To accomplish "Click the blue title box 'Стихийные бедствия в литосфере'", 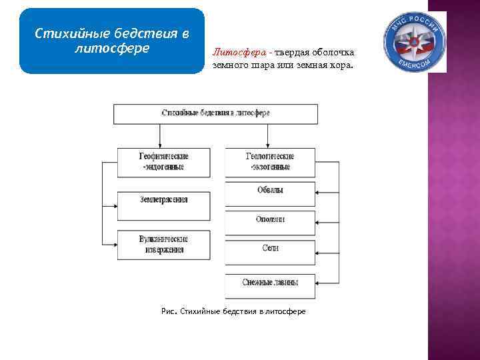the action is click(x=111, y=41).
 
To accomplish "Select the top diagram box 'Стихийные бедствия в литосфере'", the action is click(x=215, y=113).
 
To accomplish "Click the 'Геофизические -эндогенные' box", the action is click(x=163, y=161).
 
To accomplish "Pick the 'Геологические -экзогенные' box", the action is click(x=270, y=161).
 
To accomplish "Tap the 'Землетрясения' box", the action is click(x=163, y=200).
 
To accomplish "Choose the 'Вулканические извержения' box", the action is click(x=163, y=245).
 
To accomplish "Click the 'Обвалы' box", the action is click(x=270, y=190).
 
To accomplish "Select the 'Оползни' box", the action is click(x=270, y=219).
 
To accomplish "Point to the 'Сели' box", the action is click(x=270, y=249).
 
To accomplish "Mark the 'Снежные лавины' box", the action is click(x=270, y=283).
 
